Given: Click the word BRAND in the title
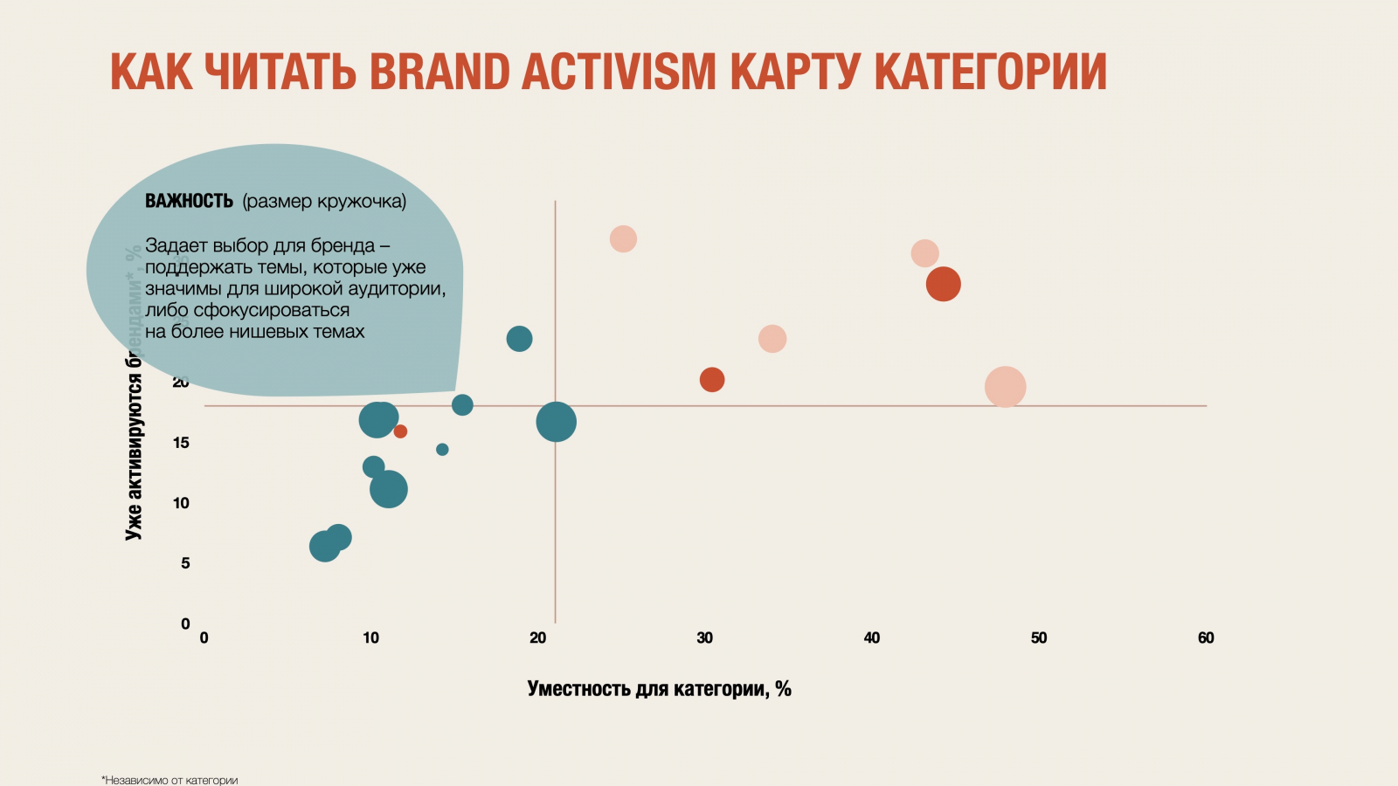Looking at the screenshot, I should click(x=439, y=72).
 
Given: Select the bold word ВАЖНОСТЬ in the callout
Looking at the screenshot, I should click(x=189, y=201).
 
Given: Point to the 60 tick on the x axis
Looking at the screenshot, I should click(x=1206, y=638).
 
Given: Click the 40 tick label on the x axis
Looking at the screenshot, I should click(x=872, y=638).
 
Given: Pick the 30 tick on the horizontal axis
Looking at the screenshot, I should click(x=704, y=638).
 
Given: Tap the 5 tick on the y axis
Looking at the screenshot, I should click(x=185, y=563).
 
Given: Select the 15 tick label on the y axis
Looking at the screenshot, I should click(x=181, y=443).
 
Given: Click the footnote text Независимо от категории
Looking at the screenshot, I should click(x=170, y=780).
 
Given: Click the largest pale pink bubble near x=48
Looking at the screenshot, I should click(x=1005, y=387).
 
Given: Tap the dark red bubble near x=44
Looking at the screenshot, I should click(x=944, y=284).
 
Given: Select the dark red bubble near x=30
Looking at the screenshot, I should click(x=712, y=380).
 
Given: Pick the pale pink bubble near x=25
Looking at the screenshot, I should click(x=623, y=238).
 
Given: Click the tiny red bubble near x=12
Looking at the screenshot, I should click(x=400, y=431).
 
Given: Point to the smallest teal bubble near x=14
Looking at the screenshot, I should click(x=442, y=450).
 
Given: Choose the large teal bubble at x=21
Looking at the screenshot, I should click(x=557, y=422).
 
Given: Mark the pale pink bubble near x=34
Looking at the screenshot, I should click(x=772, y=339).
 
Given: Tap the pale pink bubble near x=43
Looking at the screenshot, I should click(x=924, y=253).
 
